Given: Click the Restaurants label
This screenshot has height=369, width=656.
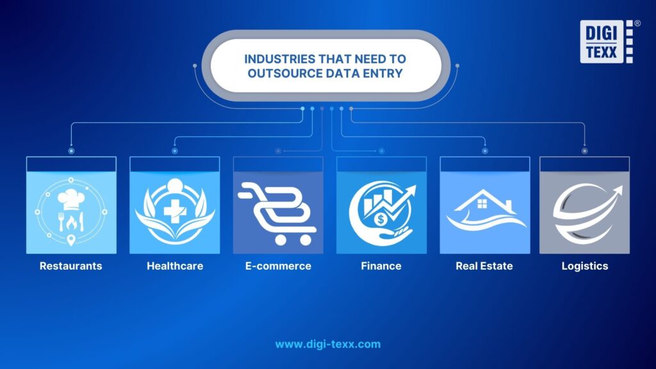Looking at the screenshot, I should click(x=70, y=266).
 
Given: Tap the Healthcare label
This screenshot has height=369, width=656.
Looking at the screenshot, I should click(x=174, y=266).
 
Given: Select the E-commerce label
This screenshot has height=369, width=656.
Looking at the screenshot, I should click(x=277, y=266).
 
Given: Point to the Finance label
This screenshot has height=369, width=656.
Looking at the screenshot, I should click(x=381, y=266).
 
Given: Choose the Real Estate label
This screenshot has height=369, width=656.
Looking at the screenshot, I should click(x=484, y=266).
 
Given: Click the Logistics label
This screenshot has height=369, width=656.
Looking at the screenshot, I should click(x=584, y=266).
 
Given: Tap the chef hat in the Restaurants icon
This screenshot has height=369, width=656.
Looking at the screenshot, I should click(x=70, y=195).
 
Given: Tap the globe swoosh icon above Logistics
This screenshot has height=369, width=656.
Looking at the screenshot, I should click(x=584, y=211).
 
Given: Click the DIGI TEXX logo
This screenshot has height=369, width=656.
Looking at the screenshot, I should click(x=606, y=42).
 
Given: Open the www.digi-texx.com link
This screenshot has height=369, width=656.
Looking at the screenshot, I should click(x=328, y=344).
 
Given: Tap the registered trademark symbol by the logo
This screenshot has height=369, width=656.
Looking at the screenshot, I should click(x=637, y=23).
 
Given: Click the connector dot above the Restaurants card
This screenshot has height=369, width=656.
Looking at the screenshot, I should click(x=70, y=151).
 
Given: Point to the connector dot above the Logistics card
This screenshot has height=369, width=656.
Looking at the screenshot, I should click(x=584, y=151).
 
